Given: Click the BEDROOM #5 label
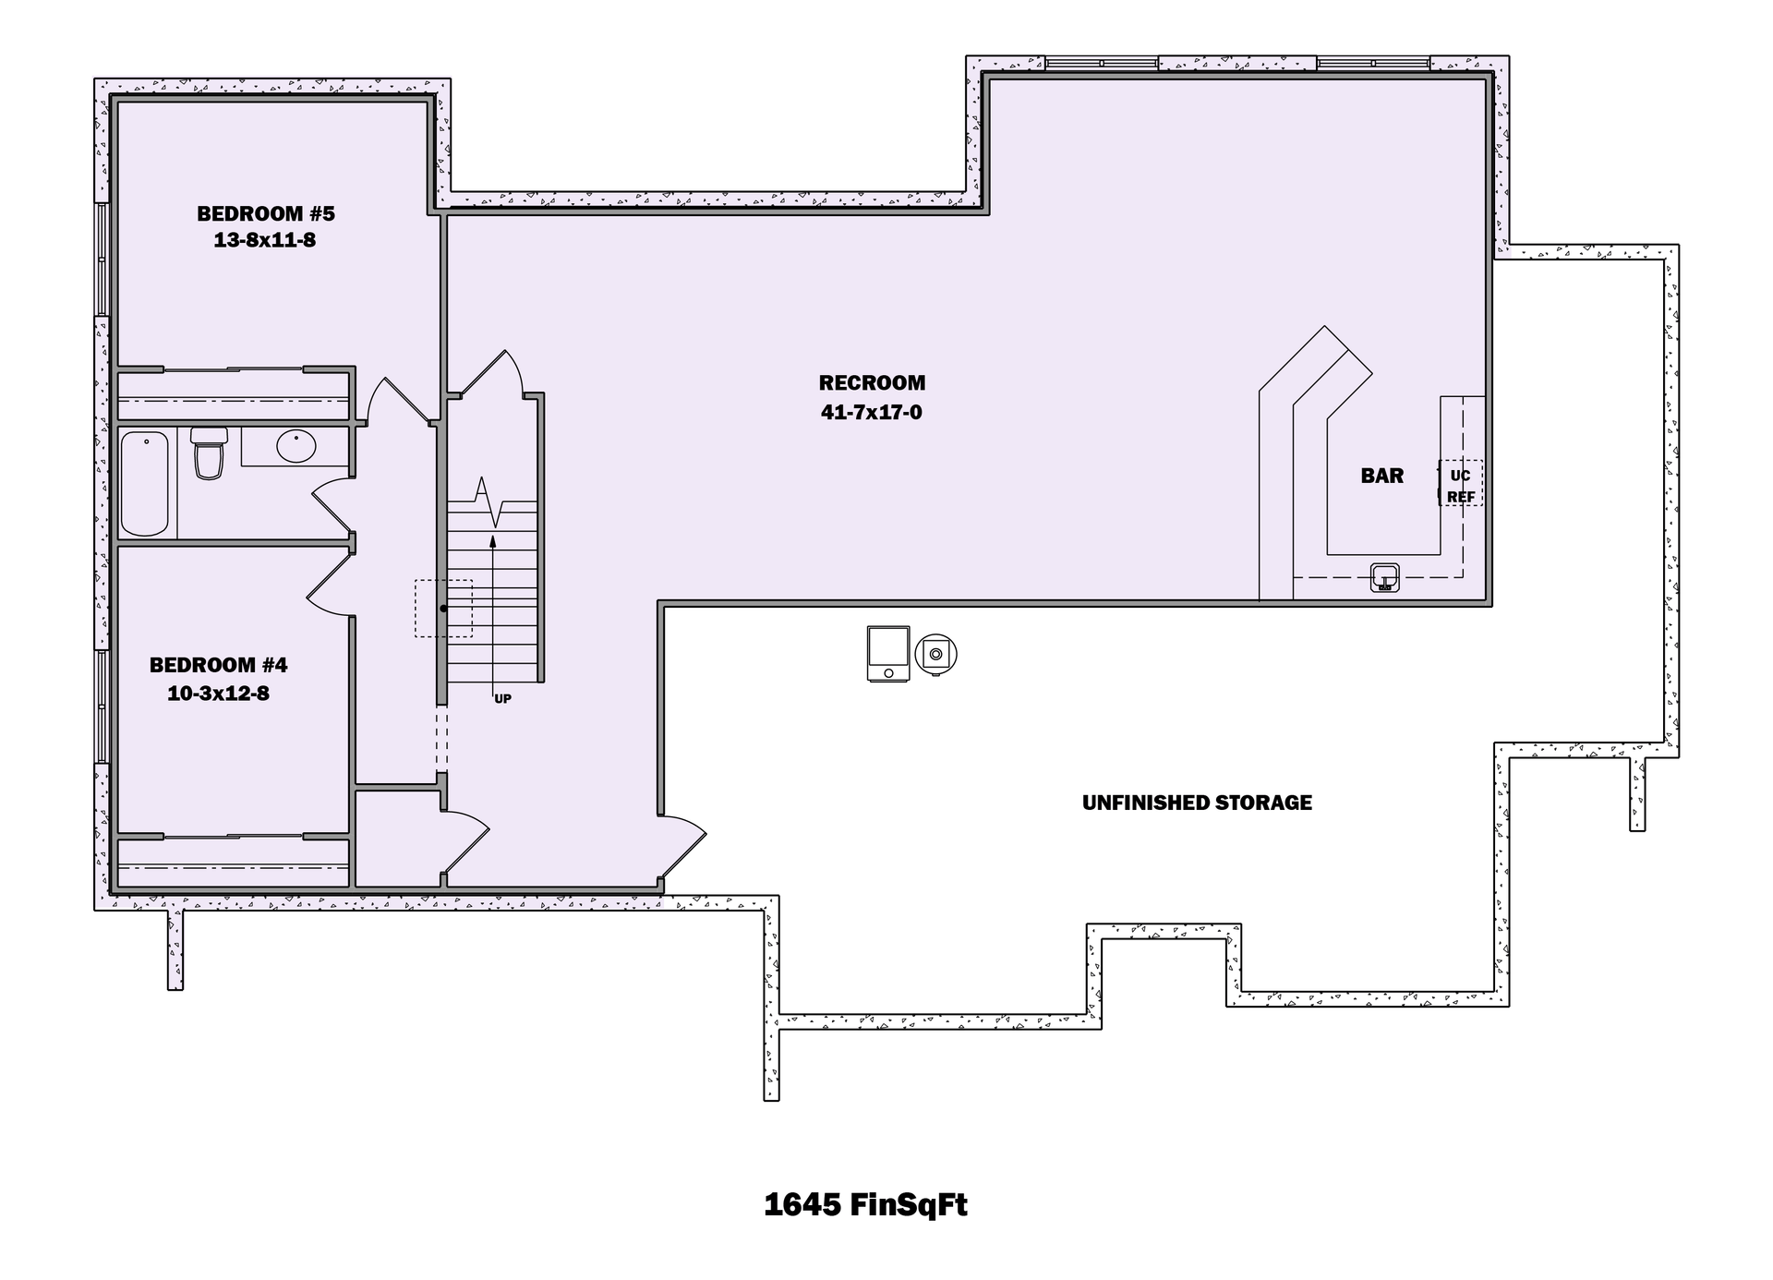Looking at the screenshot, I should [x=265, y=213].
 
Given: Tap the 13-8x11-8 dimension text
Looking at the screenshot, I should [x=265, y=240].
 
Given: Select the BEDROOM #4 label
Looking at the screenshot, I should [x=218, y=665].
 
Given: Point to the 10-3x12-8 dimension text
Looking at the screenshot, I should [x=218, y=694].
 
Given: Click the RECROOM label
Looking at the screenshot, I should [x=872, y=382].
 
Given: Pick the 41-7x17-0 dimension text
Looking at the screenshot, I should [x=872, y=412].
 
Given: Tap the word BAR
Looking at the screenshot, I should [x=1381, y=476].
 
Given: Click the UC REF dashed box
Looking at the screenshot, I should [x=1460, y=485].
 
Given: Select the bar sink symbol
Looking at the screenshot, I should [x=1383, y=577].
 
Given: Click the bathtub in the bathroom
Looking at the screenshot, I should [x=145, y=483].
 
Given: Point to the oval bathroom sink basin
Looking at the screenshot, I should [x=296, y=446].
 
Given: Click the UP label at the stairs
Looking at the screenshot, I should [x=502, y=699].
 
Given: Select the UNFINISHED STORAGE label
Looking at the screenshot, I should [x=1197, y=803].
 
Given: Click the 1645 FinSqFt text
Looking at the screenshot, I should [x=865, y=1204].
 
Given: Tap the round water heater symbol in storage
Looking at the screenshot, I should [x=935, y=654].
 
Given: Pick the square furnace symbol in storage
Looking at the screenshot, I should [x=888, y=654].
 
